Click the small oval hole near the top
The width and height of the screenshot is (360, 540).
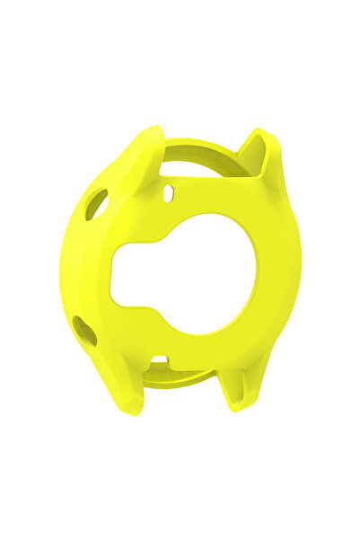coord(170,191)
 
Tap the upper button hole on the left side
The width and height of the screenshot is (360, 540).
coord(97,204)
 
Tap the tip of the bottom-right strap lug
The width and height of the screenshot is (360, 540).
coord(235,404)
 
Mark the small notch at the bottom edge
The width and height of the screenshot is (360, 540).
coord(159,359)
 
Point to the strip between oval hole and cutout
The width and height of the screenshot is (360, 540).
coord(180,205)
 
